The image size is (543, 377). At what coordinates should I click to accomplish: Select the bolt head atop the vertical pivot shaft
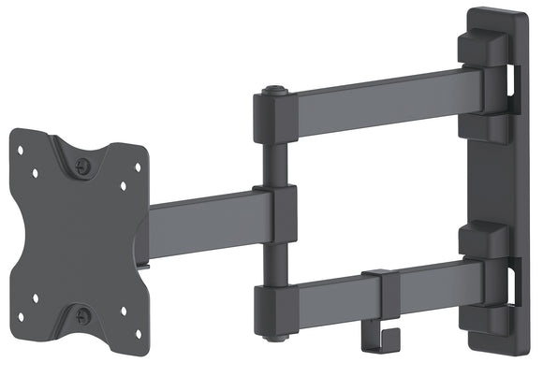coord(272,92)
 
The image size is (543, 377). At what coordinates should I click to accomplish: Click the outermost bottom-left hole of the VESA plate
coord(21,326)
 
